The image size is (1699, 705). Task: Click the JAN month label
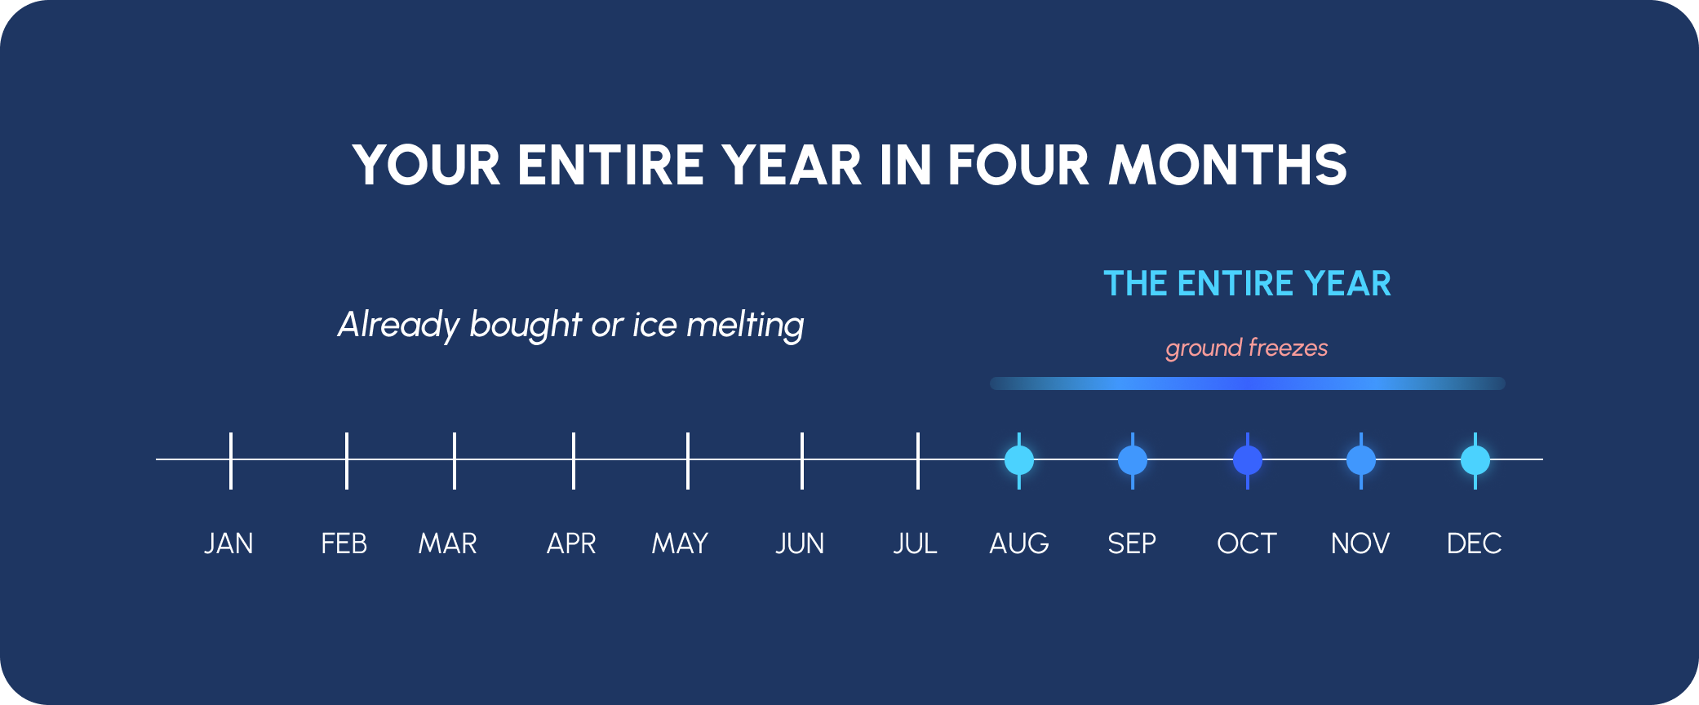[228, 543]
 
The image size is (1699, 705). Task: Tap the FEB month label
[344, 543]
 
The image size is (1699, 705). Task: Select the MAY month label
[680, 543]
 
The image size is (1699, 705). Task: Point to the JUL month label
[915, 543]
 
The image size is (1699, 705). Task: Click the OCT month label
[1247, 543]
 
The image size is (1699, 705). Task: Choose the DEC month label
[1474, 543]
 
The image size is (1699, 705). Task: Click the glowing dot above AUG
[1019, 460]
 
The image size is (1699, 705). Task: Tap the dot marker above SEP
[1133, 460]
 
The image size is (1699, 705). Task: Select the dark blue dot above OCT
[1248, 460]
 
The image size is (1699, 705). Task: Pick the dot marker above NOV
[1361, 460]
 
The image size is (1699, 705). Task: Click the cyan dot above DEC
[1475, 460]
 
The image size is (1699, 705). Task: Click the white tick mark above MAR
[455, 461]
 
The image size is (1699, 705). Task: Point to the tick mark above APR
[574, 461]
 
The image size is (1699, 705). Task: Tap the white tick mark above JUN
[802, 461]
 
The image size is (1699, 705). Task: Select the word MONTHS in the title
[1227, 166]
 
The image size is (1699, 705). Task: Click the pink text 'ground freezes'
[1247, 348]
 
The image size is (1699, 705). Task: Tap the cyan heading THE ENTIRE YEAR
[1247, 284]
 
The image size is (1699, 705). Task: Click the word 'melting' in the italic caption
[745, 326]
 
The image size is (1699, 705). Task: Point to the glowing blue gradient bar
[1248, 384]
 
